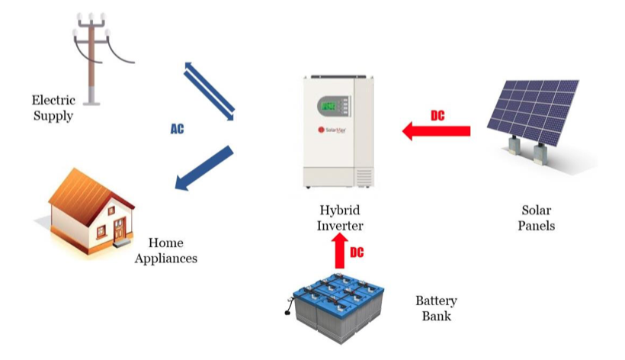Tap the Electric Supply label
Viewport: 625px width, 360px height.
point(53,108)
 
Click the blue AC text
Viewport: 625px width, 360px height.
point(177,130)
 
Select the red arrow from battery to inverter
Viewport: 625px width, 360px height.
point(340,250)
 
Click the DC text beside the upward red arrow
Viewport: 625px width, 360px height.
point(357,252)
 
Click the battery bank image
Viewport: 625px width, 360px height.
point(340,305)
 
